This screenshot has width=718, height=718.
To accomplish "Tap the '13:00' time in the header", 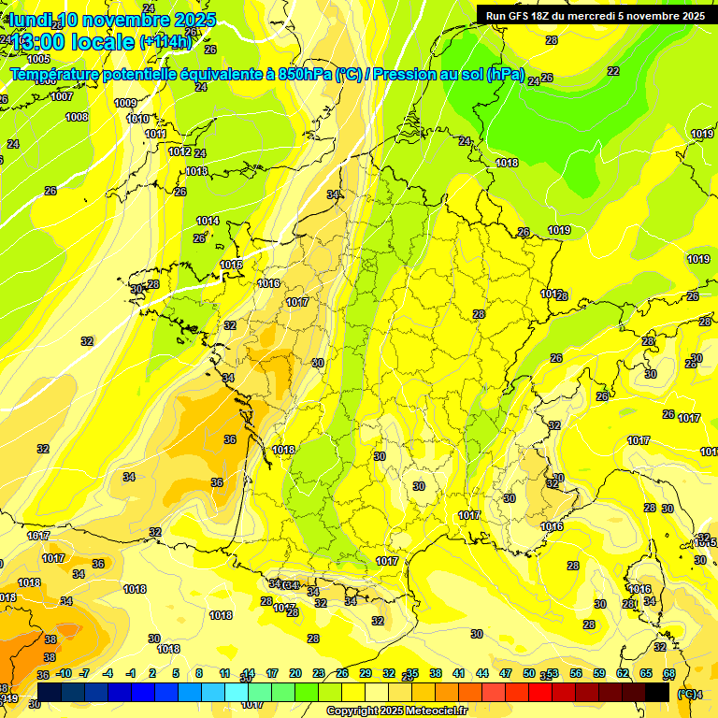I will pos(37,42).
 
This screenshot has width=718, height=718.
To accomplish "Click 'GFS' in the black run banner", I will pos(521,15).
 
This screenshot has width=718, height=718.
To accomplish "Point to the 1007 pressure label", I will pos(62,96).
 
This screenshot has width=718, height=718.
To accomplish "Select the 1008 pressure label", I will pos(77,117).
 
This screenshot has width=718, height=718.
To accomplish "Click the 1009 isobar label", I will pos(125,103).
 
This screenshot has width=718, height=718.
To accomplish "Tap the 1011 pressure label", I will pos(155,134).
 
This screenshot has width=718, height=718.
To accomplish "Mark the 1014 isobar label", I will pos(208,221).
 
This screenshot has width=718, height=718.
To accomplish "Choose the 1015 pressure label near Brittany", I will pos(231,265).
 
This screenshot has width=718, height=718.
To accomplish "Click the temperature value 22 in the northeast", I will pos(613,71).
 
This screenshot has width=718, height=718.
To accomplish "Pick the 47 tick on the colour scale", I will pos(506,673).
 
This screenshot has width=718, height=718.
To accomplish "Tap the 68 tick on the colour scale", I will pos(669,673).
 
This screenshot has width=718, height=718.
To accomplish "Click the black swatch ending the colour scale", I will pos(657,692).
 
